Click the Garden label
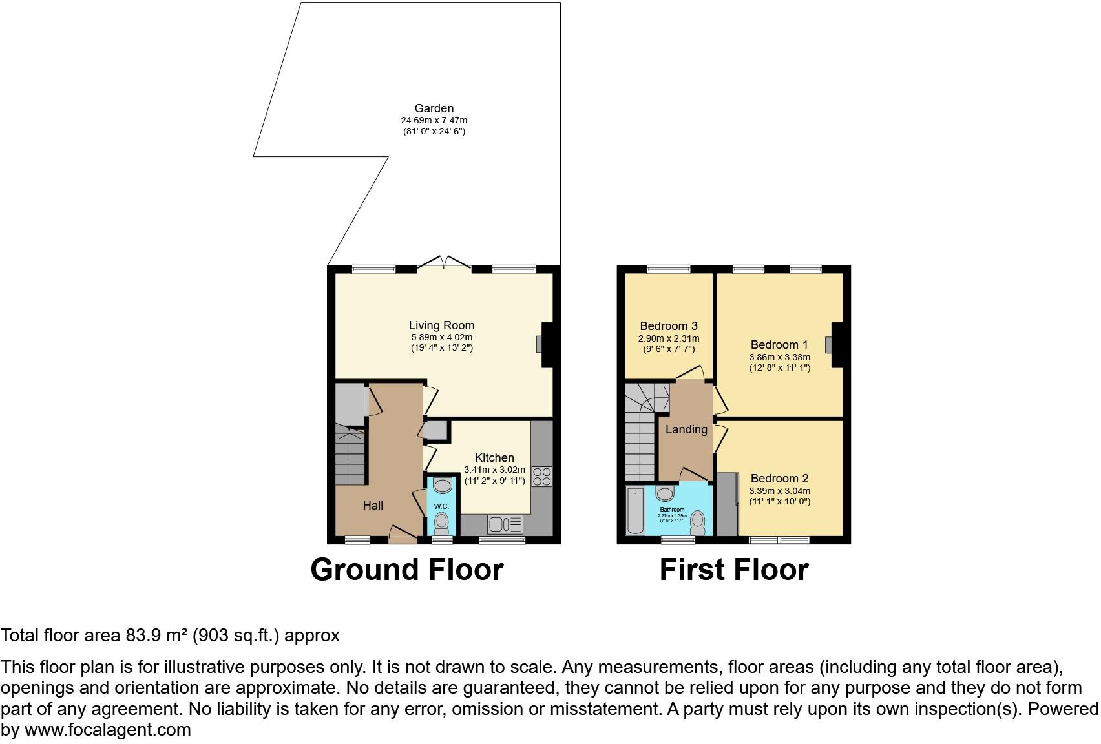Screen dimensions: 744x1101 (x=434, y=108)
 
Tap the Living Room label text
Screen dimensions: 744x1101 (x=441, y=325)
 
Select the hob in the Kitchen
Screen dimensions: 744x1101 (x=541, y=477)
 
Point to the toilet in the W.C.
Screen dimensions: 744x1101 (x=442, y=521)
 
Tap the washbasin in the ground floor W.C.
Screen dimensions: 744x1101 (x=442, y=486)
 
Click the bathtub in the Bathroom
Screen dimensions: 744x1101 (x=635, y=511)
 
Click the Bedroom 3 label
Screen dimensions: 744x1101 (x=669, y=326)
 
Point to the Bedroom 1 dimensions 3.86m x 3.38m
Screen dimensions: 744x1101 (x=779, y=356)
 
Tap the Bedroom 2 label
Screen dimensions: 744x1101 (x=779, y=479)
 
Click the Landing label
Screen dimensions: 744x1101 (x=686, y=429)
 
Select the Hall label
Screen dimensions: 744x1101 (x=373, y=506)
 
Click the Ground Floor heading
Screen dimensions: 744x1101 (x=406, y=570)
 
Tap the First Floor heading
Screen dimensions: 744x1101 (x=733, y=570)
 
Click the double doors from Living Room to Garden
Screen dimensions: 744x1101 (x=444, y=263)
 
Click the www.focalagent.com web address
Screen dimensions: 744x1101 (x=107, y=730)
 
